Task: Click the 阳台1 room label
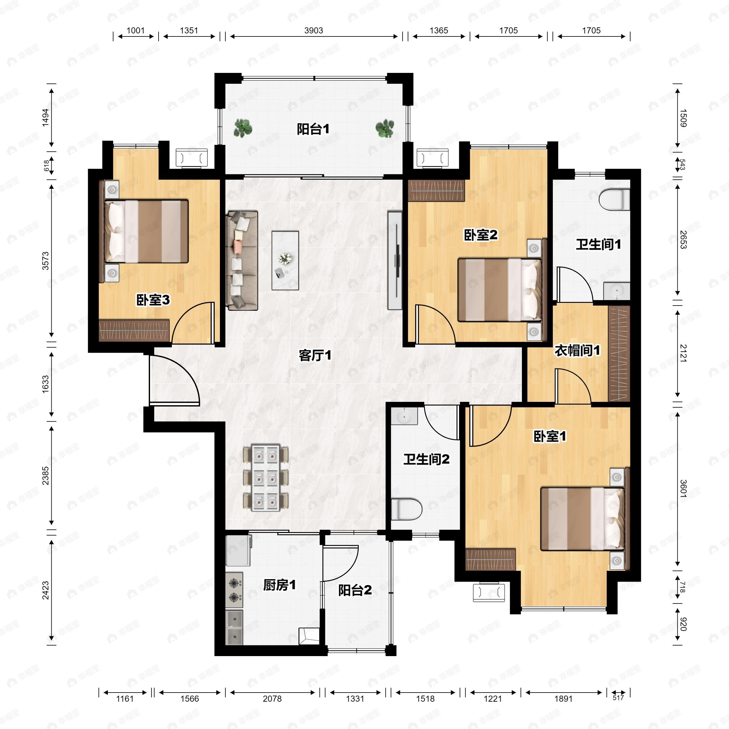(x=313, y=129)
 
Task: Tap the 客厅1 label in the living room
(x=315, y=355)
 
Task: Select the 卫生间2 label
(x=426, y=459)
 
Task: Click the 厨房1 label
(x=279, y=585)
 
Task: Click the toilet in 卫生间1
(x=614, y=200)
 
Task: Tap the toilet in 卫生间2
(x=406, y=509)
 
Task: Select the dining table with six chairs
(x=266, y=478)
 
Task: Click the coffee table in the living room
(x=285, y=261)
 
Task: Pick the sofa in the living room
(x=242, y=261)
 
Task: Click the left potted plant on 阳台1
(x=243, y=128)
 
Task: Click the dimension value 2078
(x=272, y=699)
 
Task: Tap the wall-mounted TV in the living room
(x=395, y=260)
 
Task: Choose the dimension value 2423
(x=45, y=590)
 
